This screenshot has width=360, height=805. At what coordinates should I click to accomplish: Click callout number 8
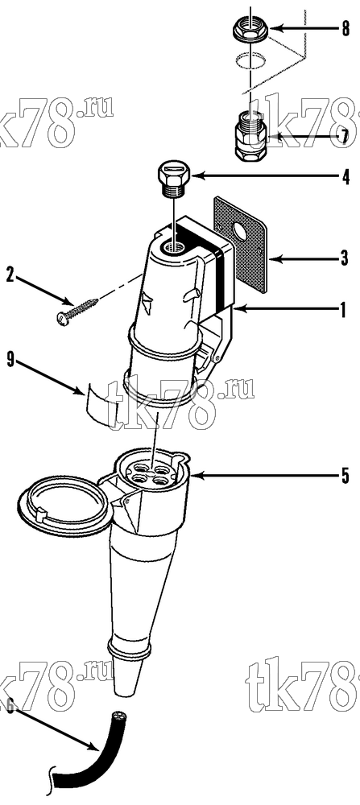(346, 29)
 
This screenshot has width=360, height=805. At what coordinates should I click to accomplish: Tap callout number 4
(346, 178)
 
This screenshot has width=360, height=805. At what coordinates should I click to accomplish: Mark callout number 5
(346, 476)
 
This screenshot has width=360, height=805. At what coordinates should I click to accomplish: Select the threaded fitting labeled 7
(250, 136)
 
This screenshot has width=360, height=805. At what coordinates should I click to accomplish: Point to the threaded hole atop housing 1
(171, 248)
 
